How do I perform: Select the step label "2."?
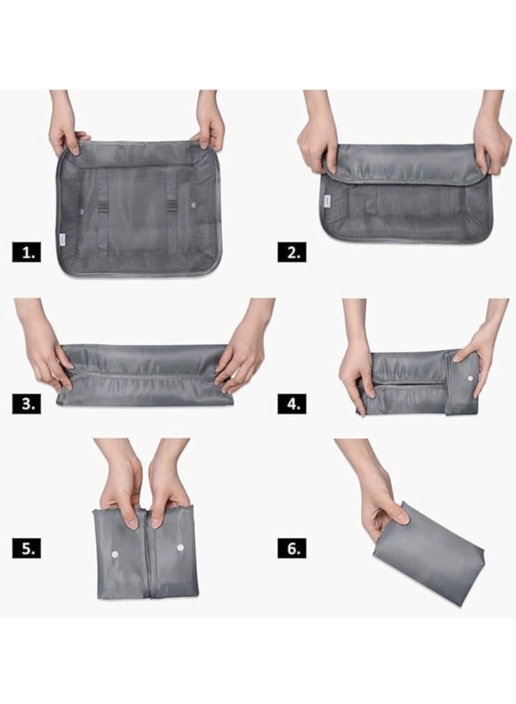(292, 252)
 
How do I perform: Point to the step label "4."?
(292, 403)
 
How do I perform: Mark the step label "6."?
(292, 548)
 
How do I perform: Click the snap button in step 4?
(468, 380)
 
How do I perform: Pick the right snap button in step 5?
(180, 548)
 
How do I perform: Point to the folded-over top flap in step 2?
(405, 163)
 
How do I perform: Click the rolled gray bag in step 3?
(144, 375)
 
